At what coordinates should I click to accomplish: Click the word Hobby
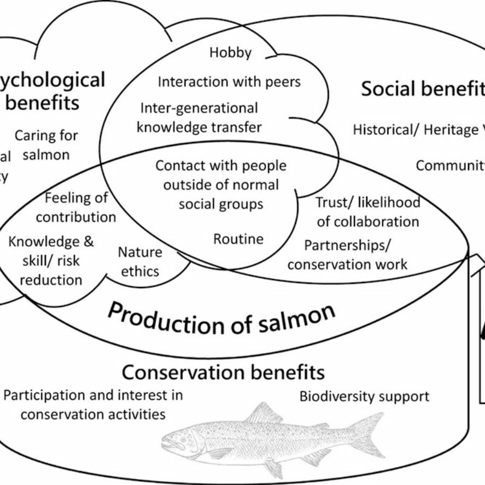click(230, 53)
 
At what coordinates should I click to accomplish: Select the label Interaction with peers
click(229, 82)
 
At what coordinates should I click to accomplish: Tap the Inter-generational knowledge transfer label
click(199, 118)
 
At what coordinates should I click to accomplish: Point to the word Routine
click(238, 239)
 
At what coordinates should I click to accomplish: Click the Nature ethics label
click(140, 262)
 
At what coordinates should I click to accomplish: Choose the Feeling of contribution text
click(76, 208)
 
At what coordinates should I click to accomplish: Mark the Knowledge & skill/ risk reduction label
click(51, 261)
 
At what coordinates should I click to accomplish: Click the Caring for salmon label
click(46, 145)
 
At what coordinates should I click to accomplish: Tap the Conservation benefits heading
click(223, 372)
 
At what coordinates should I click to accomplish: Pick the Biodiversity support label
click(364, 396)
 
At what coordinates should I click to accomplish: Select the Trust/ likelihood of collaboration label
click(368, 212)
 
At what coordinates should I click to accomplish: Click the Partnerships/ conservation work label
click(347, 255)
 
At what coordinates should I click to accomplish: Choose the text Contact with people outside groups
click(221, 185)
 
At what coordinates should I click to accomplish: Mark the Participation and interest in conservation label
click(93, 405)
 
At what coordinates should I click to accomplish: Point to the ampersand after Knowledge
click(89, 241)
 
